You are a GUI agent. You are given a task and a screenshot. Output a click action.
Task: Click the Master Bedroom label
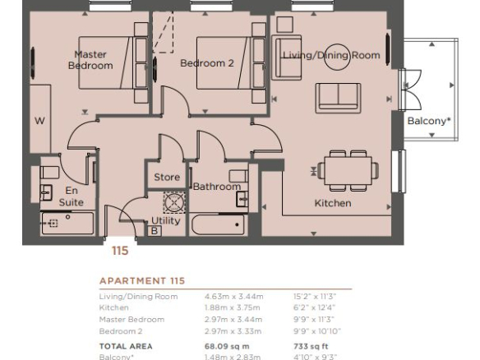pyautogui.click(x=90, y=60)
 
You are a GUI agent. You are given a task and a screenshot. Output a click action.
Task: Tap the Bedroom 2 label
pyautogui.click(x=207, y=63)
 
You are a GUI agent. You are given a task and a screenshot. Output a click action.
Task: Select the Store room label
pyautogui.click(x=167, y=177)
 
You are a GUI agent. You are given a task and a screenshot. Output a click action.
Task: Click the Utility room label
pyautogui.click(x=165, y=221)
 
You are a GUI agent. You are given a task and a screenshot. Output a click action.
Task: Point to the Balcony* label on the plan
pyautogui.click(x=429, y=121)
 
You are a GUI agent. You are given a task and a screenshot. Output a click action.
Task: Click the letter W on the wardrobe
pyautogui.click(x=39, y=121)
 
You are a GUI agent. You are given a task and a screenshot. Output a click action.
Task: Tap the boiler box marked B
pyautogui.click(x=155, y=231)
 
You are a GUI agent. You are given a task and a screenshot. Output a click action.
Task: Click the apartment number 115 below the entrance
pyautogui.click(x=120, y=251)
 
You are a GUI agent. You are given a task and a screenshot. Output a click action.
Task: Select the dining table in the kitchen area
pyautogui.click(x=348, y=170)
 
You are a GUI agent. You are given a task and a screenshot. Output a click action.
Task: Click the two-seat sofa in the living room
pyautogui.click(x=338, y=98)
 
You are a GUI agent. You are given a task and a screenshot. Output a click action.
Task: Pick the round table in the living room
pyautogui.click(x=337, y=57)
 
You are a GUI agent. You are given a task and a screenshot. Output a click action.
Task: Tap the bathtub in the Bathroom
pyautogui.click(x=219, y=224)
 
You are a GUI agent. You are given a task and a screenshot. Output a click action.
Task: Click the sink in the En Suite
pyautogui.click(x=46, y=193)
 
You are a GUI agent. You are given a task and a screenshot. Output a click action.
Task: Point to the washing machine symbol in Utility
pyautogui.click(x=174, y=202)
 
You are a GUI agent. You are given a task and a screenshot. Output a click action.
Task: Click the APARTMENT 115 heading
pyautogui.click(x=142, y=281)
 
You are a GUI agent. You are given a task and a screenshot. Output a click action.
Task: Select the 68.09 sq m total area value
pyautogui.click(x=227, y=347)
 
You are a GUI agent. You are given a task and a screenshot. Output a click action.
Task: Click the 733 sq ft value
pyautogui.click(x=311, y=347)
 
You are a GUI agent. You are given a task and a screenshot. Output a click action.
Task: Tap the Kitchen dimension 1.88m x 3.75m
pyautogui.click(x=233, y=307)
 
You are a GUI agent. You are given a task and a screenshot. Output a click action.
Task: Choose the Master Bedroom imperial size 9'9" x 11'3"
pyautogui.click(x=314, y=320)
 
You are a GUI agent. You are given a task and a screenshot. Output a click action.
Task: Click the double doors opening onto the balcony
pyautogui.click(x=410, y=90)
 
